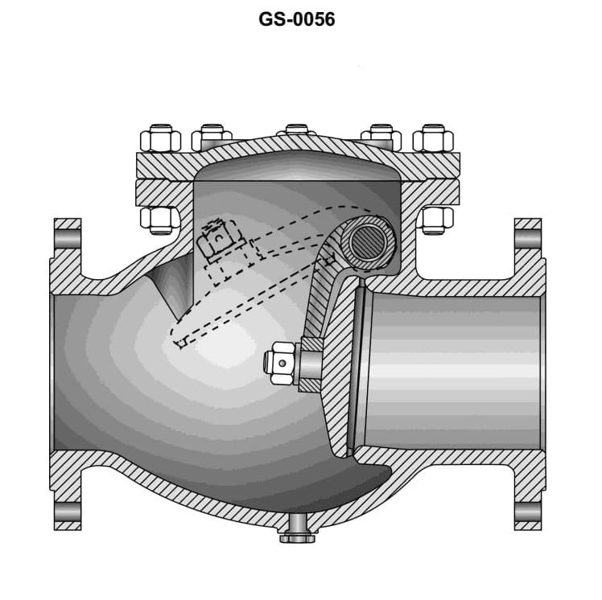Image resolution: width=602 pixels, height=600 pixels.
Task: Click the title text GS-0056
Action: (297, 19)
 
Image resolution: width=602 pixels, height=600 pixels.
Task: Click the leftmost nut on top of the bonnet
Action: (159, 139)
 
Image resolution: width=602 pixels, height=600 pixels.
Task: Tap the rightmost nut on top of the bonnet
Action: (433, 139)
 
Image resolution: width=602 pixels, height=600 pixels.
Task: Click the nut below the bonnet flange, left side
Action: (159, 218)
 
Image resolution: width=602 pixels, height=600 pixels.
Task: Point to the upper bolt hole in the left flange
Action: (68, 240)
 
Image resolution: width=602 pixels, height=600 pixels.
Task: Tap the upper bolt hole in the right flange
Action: (527, 240)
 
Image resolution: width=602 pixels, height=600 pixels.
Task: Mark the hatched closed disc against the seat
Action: (342, 362)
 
